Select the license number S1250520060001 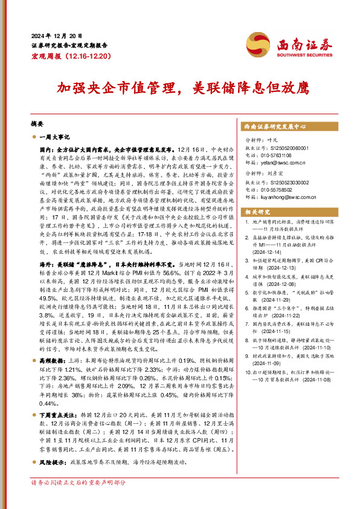(x=286, y=148)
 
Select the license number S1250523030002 (x=286, y=183)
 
